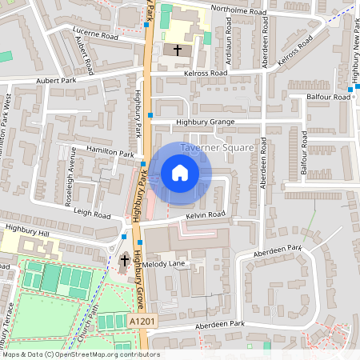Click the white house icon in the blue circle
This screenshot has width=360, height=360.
pyautogui.click(x=180, y=173)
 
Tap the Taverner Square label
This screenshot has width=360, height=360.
pyautogui.click(x=217, y=148)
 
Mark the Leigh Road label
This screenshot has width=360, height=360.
pyautogui.click(x=91, y=215)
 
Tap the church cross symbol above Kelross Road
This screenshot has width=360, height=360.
pyautogui.click(x=178, y=50)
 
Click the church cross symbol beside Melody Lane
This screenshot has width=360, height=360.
pyautogui.click(x=124, y=261)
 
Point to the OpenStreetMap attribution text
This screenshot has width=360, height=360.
pyautogui.click(x=81, y=354)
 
